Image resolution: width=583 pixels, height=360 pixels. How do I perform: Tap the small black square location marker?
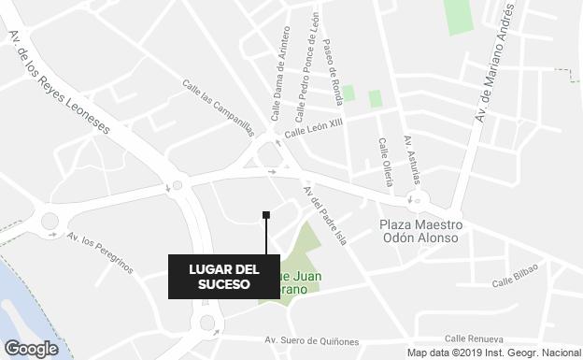click(x=266, y=215)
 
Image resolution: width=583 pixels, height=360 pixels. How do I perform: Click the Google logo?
click(x=30, y=349)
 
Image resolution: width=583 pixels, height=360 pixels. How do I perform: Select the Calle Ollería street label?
click(x=386, y=160)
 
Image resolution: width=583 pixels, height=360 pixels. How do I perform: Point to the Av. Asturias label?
click(x=412, y=160)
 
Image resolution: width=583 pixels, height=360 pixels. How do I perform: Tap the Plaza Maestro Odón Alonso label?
click(x=420, y=231)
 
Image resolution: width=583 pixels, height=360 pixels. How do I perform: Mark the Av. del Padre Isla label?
click(x=323, y=215)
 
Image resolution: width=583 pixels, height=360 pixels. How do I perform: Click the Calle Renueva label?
click(x=474, y=338)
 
